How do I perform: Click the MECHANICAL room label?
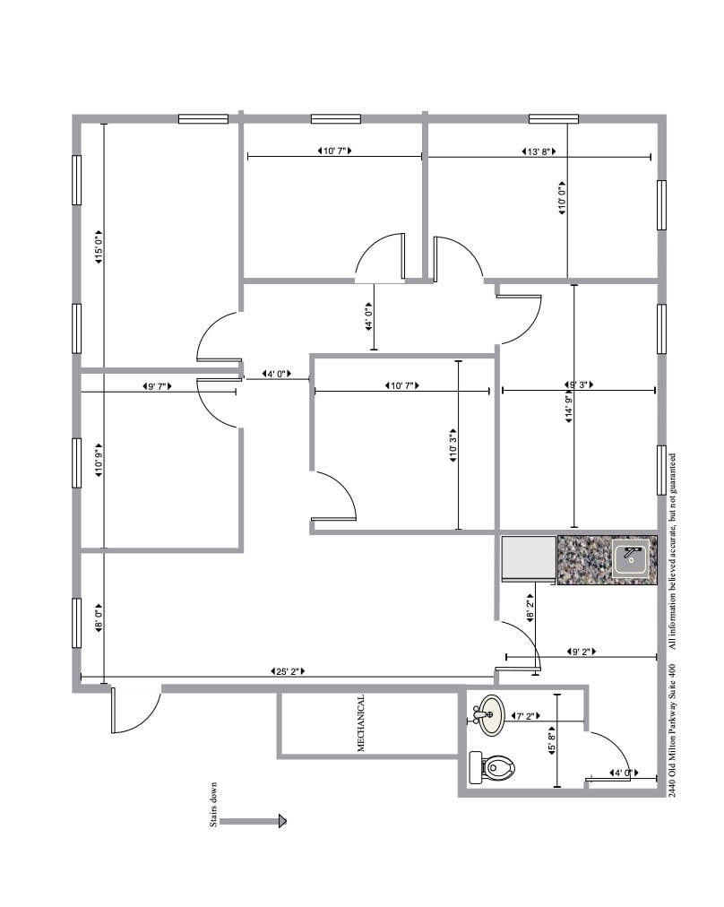pos(361,722)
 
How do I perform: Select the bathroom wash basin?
pos(490,715)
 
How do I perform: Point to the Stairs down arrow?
pos(254,820)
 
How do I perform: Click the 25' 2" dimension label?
pos(287,671)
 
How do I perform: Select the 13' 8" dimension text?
pos(539,151)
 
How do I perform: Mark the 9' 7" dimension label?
pos(157,386)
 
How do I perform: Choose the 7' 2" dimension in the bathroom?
pos(525,716)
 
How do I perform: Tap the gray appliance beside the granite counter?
pos(529,559)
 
